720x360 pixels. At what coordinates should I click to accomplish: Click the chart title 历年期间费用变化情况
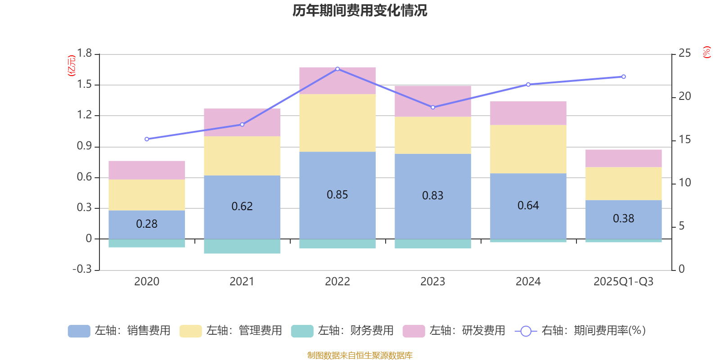tap(360, 10)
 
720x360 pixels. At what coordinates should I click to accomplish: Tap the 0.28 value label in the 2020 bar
tap(147, 224)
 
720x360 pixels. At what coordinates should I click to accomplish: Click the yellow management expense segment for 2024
tap(528, 149)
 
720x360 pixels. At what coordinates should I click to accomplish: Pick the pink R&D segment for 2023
tap(432, 101)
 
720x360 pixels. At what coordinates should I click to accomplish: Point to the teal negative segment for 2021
tap(242, 246)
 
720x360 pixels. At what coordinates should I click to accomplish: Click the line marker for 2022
tap(337, 69)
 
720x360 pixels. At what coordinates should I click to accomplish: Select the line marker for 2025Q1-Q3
tap(623, 76)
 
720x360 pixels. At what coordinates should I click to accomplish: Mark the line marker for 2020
tap(147, 139)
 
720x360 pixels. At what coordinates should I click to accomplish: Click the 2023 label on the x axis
tap(432, 282)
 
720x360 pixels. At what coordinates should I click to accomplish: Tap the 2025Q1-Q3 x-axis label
tap(623, 282)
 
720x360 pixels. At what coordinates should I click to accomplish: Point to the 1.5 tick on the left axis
tap(84, 85)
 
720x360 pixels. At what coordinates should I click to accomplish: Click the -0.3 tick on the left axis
tap(82, 269)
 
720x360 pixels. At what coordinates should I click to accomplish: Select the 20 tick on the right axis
tap(684, 96)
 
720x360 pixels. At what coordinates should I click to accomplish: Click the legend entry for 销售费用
tap(119, 331)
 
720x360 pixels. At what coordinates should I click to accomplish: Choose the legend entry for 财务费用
tap(342, 331)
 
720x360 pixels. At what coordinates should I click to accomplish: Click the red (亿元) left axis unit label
tap(72, 66)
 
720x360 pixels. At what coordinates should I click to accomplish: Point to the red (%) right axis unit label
tap(706, 52)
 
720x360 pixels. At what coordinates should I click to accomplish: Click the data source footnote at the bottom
tap(360, 355)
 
